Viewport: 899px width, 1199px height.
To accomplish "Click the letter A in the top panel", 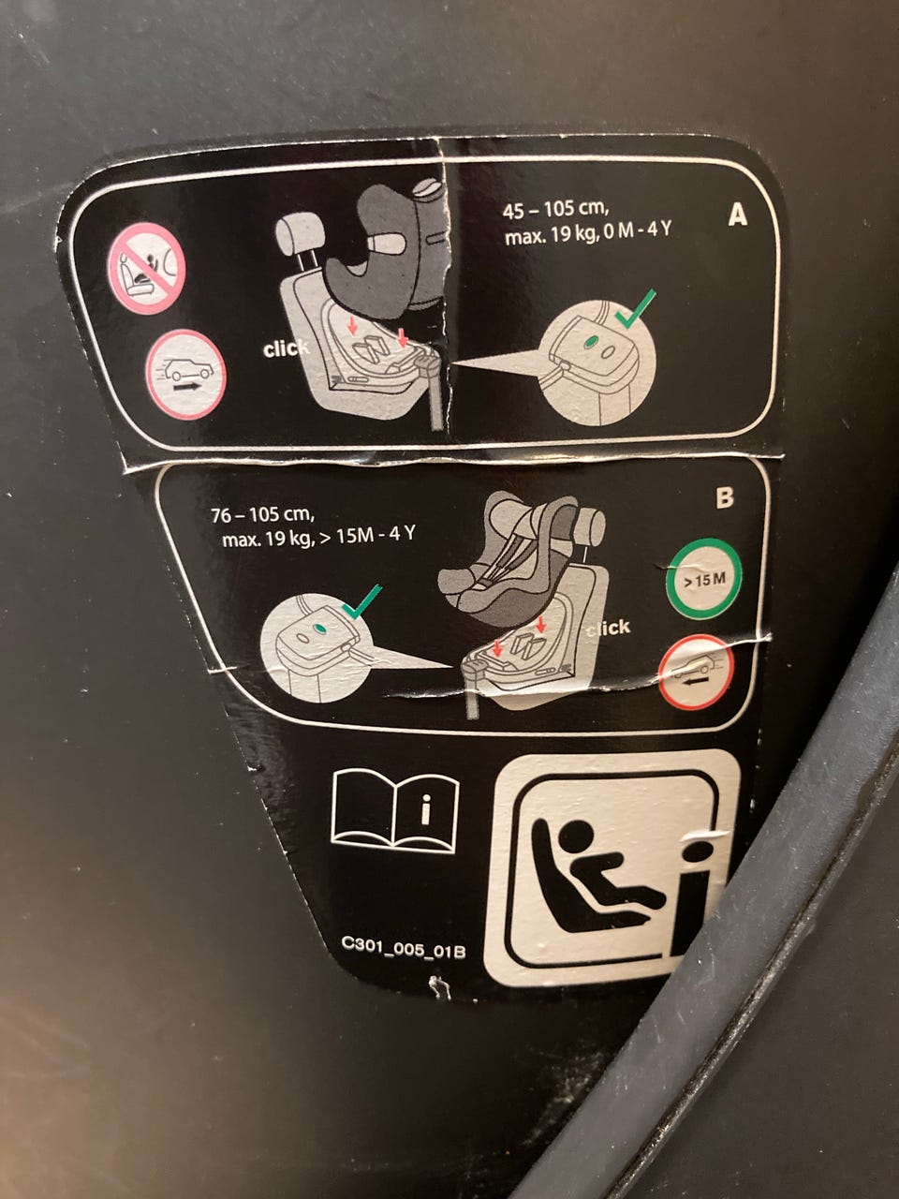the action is (x=737, y=215).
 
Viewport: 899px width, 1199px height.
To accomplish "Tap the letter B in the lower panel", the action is (x=724, y=497).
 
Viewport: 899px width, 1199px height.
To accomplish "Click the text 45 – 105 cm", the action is (x=555, y=209).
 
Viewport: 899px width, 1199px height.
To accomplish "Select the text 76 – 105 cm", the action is (x=262, y=514).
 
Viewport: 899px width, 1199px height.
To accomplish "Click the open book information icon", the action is (x=394, y=811).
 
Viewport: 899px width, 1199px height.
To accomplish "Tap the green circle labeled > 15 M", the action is (x=704, y=579).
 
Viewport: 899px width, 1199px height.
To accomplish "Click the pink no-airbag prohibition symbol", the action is (x=147, y=268).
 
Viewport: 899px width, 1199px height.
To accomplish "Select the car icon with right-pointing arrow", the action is (x=185, y=374).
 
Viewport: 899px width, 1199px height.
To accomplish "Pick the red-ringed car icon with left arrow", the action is (x=696, y=673).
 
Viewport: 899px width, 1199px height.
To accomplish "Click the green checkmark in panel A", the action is (x=634, y=309).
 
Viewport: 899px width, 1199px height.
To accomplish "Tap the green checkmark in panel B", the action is (x=361, y=601).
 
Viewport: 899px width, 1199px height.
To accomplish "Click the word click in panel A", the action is (x=286, y=348).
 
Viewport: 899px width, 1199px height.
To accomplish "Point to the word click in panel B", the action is (x=608, y=628).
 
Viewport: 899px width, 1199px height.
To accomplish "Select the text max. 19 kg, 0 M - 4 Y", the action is (x=588, y=234).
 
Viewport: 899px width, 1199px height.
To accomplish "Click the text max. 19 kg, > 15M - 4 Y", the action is (x=318, y=537).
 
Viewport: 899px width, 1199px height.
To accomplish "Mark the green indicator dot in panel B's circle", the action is (x=321, y=629).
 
